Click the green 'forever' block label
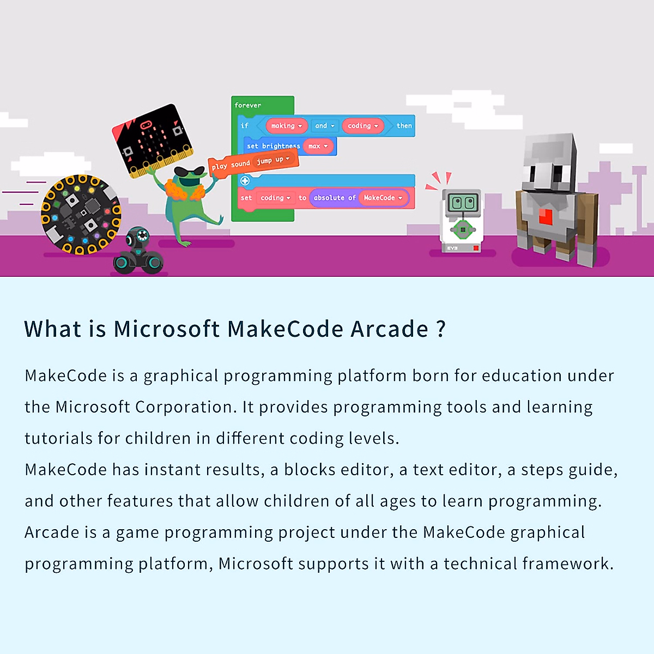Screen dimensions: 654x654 [x=247, y=105]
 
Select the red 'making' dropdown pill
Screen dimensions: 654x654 [x=286, y=126]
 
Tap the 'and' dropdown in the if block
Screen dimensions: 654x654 [x=324, y=126]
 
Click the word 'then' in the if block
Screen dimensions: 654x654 [x=404, y=126]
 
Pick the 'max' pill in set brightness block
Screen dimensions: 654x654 [x=318, y=146]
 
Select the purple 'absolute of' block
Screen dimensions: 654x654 [x=334, y=198]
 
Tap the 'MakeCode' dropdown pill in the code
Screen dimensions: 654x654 [x=383, y=198]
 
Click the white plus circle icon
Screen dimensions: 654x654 [x=245, y=180]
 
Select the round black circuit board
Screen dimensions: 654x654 [x=81, y=215]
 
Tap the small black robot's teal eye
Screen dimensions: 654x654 [x=142, y=236]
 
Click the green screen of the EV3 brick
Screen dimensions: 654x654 [x=462, y=204]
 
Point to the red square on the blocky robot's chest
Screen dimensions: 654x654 [x=546, y=216]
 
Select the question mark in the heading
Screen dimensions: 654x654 [x=441, y=329]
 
